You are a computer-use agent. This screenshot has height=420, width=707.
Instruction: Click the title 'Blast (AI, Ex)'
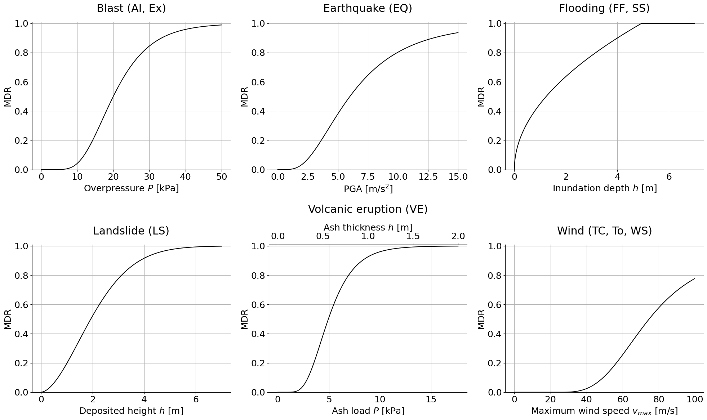pyautogui.click(x=131, y=8)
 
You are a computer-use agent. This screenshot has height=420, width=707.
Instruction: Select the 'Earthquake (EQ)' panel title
pyautogui.click(x=368, y=8)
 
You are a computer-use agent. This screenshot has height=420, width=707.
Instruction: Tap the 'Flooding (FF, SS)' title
pyautogui.click(x=604, y=8)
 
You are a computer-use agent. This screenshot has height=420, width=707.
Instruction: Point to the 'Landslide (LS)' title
pyautogui.click(x=131, y=231)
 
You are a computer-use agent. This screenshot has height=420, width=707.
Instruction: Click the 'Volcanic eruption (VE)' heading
pyautogui.click(x=368, y=209)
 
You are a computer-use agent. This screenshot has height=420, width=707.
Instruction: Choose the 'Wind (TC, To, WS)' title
pyautogui.click(x=604, y=231)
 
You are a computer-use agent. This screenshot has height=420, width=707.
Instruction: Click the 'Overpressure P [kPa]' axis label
pyautogui.click(x=131, y=188)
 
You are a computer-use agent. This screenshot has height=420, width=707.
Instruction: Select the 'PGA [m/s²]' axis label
pyautogui.click(x=368, y=189)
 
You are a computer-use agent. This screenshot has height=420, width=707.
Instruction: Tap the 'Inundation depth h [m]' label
pyautogui.click(x=604, y=188)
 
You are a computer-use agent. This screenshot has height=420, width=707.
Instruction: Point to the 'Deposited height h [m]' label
pyautogui.click(x=131, y=411)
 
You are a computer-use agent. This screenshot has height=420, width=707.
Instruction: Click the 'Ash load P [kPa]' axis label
pyautogui.click(x=368, y=411)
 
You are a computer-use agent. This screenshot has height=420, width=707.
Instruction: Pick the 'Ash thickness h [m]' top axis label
pyautogui.click(x=368, y=228)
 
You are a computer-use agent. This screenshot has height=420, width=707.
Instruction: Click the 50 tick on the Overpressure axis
pyautogui.click(x=222, y=177)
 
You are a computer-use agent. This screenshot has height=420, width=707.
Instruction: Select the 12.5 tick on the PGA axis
pyautogui.click(x=428, y=177)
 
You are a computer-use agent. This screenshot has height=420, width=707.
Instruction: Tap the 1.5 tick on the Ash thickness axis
pyautogui.click(x=413, y=236)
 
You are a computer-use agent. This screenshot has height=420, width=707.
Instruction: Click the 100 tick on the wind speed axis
pyautogui.click(x=695, y=399)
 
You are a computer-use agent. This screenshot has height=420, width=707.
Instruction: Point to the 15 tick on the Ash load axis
pyautogui.click(x=431, y=399)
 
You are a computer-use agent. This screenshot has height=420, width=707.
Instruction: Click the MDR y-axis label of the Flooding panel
pyautogui.click(x=481, y=97)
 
